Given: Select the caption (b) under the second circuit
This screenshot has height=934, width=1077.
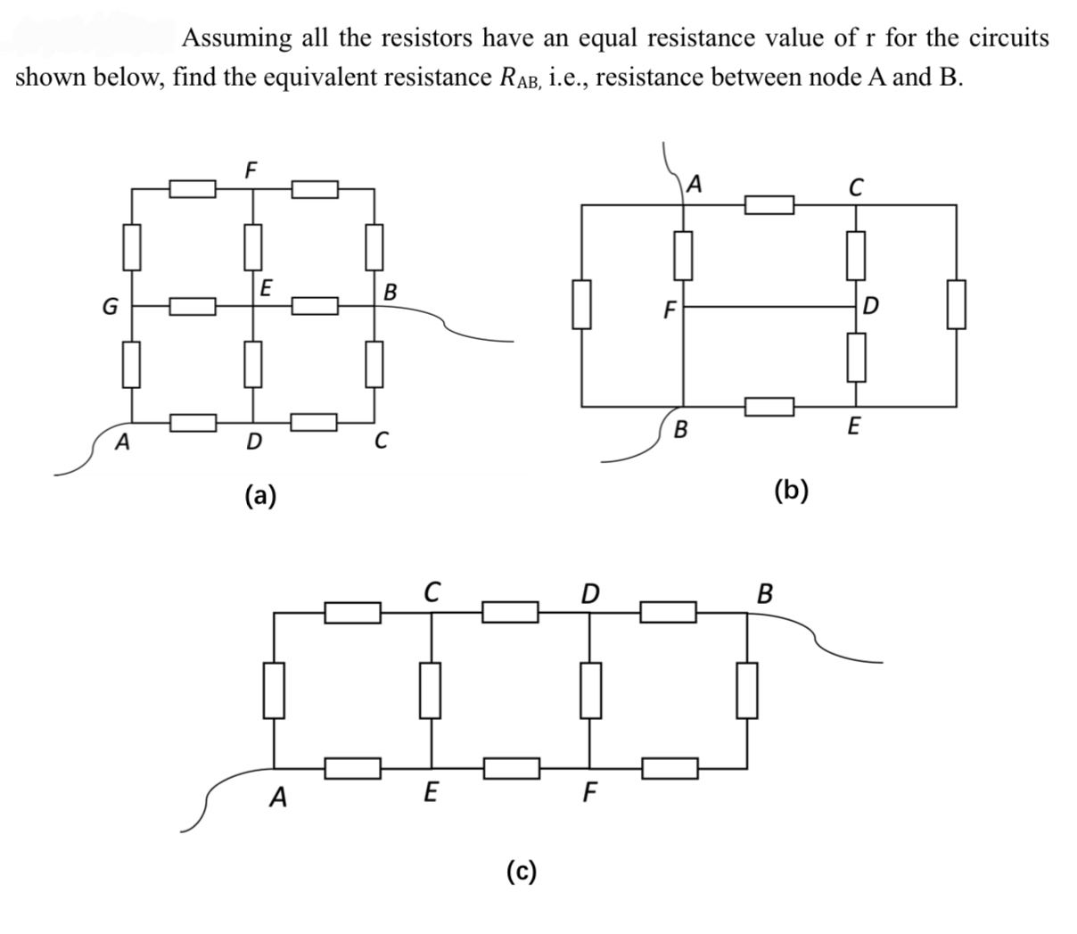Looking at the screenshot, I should (792, 490).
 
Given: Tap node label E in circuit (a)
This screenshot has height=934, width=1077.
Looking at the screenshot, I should (266, 287).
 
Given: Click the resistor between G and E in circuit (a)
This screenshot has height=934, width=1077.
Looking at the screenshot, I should (193, 307).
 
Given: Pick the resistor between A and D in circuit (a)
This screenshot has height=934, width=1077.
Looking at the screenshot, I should (193, 419).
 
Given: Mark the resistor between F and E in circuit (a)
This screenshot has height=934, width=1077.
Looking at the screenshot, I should (253, 247).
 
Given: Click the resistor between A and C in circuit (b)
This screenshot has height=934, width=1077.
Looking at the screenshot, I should (769, 205).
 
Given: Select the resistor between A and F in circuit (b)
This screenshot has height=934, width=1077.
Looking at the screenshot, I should (683, 253).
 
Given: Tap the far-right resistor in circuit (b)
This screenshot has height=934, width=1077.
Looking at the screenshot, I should (958, 305).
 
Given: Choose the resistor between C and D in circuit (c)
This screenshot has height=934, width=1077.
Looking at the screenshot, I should (511, 612).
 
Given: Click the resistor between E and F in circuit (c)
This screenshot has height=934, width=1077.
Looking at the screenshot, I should (512, 767).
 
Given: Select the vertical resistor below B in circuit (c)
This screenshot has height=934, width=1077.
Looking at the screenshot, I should (746, 690).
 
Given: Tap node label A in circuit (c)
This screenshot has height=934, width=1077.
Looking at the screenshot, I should (280, 797).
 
